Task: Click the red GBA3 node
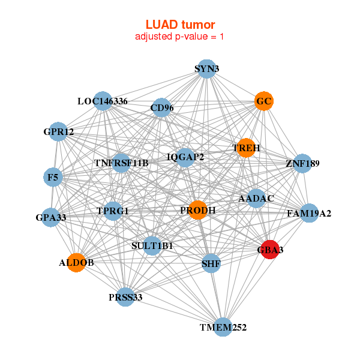tap(270, 250)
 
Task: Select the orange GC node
tap(264, 101)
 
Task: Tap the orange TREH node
tap(246, 148)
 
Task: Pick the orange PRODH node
tap(198, 210)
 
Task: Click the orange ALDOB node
tap(76, 263)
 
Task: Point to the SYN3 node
tap(206, 68)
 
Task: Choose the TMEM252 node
tap(223, 327)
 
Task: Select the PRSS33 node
tap(125, 297)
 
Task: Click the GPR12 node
tap(58, 132)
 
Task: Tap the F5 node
tap(53, 177)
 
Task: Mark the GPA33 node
tap(51, 217)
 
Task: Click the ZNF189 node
tap(302, 163)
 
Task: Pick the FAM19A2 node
tap(309, 213)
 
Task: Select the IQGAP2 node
tap(185, 157)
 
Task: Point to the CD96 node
tap(162, 108)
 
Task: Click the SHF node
tap(211, 263)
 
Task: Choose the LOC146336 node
tap(103, 101)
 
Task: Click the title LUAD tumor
tap(180, 25)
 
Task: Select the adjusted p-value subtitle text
tap(180, 37)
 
